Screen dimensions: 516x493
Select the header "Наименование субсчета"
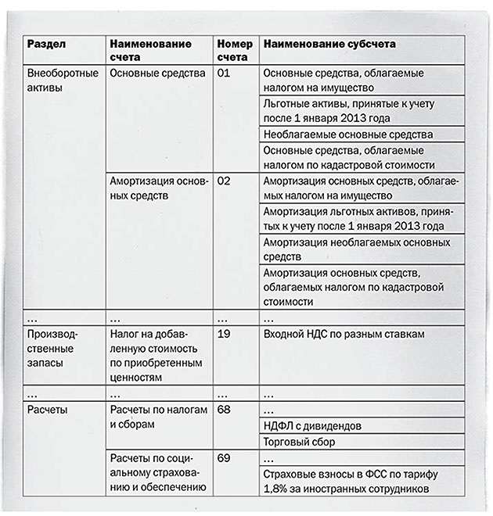329,45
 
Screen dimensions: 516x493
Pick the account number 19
224,334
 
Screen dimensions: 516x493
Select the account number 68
224,410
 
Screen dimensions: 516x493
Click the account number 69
224,457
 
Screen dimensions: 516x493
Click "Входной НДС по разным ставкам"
344,334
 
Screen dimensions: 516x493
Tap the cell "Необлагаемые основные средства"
347,134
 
